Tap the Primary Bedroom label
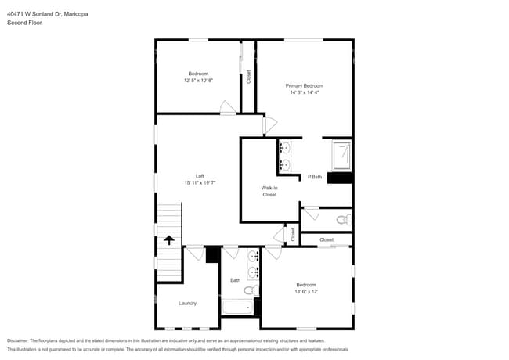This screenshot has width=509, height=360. coord(304,85)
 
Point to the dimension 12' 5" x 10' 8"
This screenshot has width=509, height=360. coord(198,80)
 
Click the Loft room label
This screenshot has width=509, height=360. coord(199,175)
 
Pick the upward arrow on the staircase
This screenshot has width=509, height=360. coord(169,241)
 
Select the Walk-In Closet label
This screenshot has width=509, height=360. coord(269,191)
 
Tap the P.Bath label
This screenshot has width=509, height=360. coord(315,177)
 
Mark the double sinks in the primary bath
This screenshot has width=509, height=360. coord(285,156)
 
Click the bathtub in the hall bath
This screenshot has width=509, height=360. coord(236,306)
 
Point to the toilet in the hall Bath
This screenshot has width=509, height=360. coord(250,290)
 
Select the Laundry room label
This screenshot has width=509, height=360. coord(187,303)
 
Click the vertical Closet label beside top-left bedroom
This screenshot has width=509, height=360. coord(249,77)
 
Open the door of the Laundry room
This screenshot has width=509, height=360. coord(193,252)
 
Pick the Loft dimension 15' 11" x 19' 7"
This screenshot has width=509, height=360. coord(199,182)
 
